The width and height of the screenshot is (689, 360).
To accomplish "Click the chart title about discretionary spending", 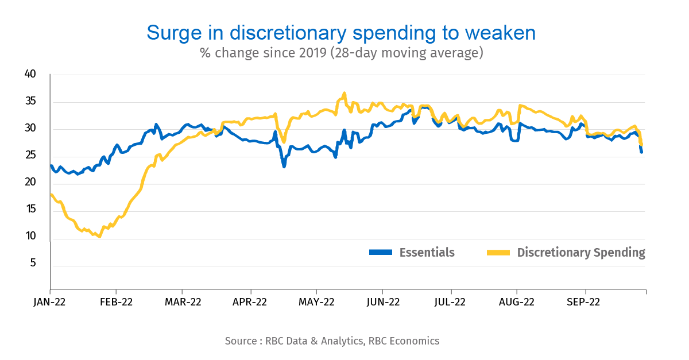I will tap(341, 33).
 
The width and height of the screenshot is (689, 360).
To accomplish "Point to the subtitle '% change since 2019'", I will tap(341, 53).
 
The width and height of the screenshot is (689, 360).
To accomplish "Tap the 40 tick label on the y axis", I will tap(30, 74).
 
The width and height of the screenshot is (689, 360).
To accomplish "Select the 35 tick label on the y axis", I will tap(30, 102).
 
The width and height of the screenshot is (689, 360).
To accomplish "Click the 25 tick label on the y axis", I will tap(30, 156).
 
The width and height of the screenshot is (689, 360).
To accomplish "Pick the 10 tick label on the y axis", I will tap(30, 236).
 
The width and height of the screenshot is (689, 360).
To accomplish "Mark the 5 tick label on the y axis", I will tap(32, 264).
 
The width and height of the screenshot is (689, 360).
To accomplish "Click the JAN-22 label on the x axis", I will tap(50, 301).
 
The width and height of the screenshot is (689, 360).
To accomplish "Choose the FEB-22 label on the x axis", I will tap(116, 301).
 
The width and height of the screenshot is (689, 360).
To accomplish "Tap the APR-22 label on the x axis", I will tap(250, 301).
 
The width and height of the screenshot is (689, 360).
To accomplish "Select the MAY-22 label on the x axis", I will tap(316, 301).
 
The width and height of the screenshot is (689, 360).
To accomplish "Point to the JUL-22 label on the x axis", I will tap(450, 301).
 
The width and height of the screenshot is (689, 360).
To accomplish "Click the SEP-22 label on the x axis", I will tap(584, 301).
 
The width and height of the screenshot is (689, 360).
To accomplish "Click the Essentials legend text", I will tap(427, 253).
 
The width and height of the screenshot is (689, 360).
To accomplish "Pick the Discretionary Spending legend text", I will tap(581, 253).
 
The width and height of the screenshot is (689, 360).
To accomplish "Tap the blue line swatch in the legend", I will tap(380, 253).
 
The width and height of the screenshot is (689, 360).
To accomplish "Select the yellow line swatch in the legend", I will tap(498, 253).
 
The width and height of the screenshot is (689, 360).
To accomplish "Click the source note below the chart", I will tap(332, 341).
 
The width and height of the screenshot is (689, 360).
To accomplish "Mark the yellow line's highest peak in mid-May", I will tap(344, 93).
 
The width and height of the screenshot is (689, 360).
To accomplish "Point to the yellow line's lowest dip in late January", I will tap(100, 236).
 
